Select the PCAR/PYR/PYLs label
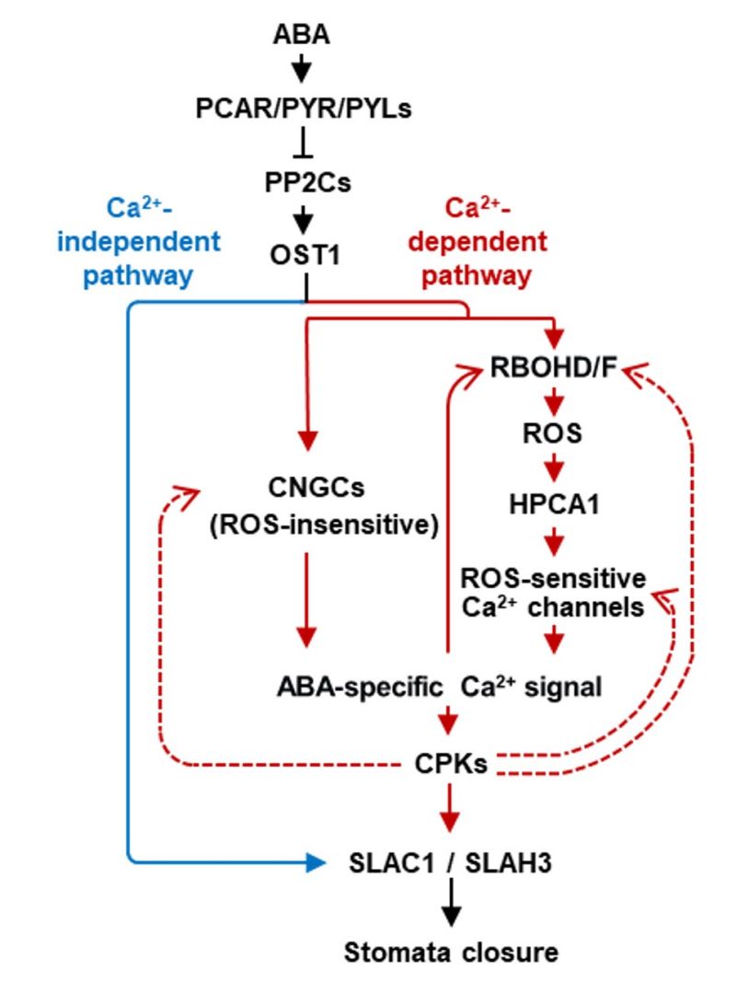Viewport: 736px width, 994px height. coord(304,110)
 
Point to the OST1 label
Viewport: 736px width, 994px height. coord(304,255)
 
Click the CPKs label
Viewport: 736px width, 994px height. coord(448,763)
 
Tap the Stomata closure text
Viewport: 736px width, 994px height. coord(450,952)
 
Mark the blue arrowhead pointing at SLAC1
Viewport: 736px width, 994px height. coord(315,862)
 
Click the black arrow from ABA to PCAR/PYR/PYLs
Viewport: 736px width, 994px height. coord(304,72)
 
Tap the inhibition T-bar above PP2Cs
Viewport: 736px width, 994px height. coord(304,147)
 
